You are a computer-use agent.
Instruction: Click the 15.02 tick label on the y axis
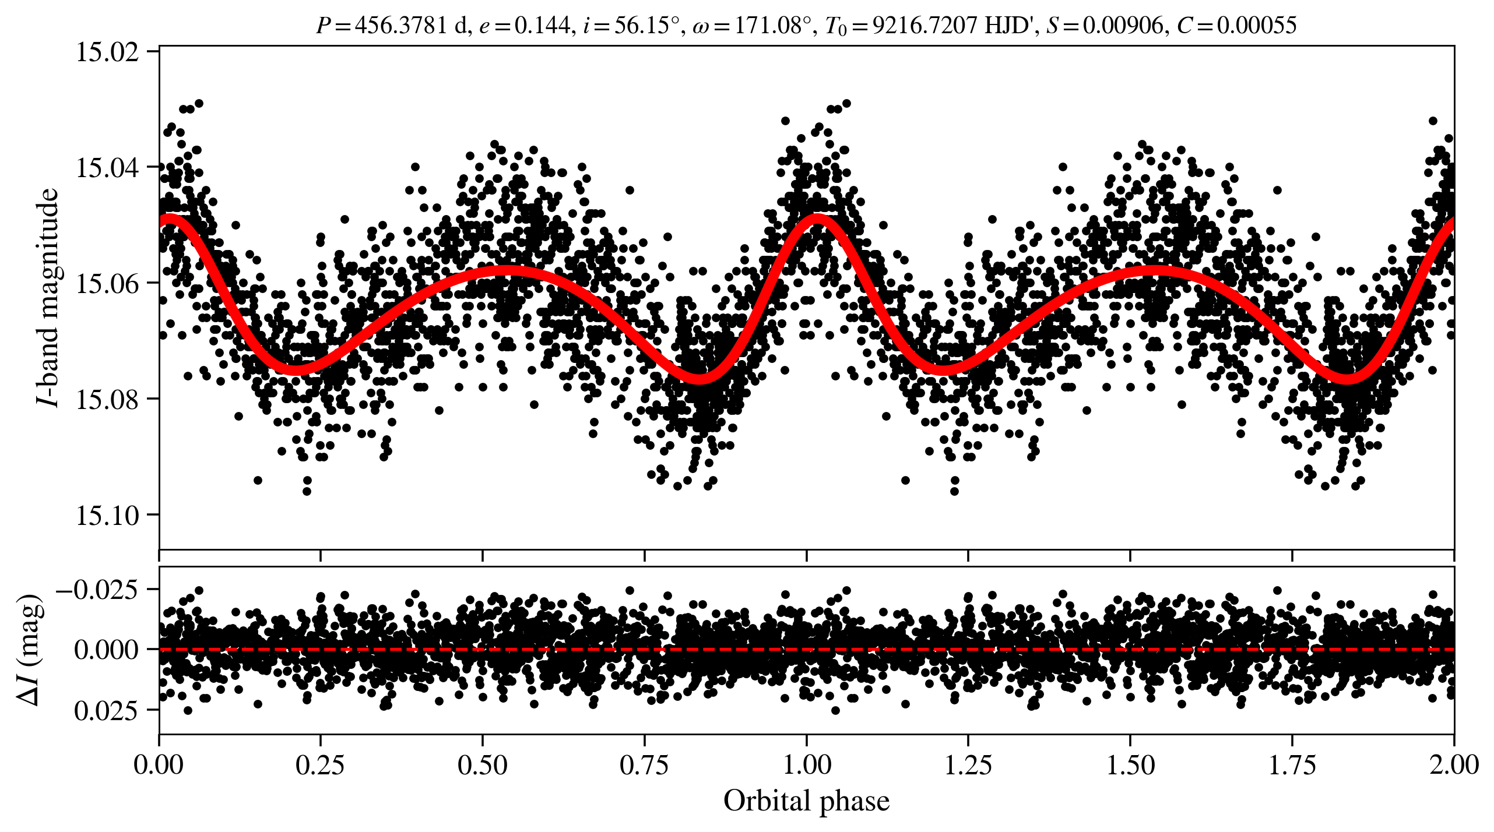[108, 52]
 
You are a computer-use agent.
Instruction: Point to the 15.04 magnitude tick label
[108, 168]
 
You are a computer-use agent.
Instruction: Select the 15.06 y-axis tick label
[108, 284]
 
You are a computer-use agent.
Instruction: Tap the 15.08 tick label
[108, 400]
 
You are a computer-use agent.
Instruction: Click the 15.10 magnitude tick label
[108, 516]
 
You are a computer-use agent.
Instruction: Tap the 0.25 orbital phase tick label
[320, 765]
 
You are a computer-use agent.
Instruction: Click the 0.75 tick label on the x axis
[644, 765]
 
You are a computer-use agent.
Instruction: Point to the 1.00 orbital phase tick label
[806, 765]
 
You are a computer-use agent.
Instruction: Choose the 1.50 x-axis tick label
[1130, 765]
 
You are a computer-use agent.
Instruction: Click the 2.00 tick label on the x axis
[1454, 765]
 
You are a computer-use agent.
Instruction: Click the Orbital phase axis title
[806, 801]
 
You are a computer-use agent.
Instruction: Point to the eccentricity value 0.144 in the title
[542, 26]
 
